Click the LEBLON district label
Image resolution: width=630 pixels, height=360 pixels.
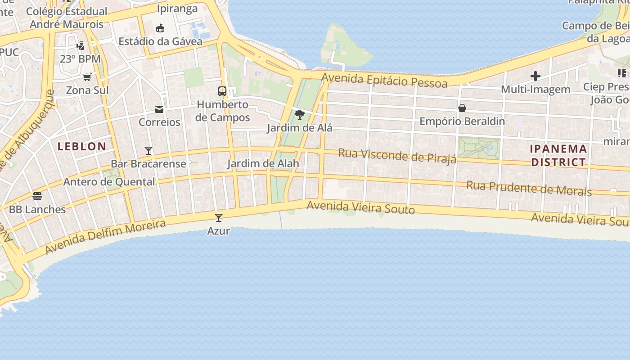(x=82, y=146)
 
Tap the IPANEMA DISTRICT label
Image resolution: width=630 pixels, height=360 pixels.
(x=558, y=155)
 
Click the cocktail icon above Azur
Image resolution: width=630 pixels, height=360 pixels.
(x=219, y=218)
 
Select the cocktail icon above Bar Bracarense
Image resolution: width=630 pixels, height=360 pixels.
(x=148, y=150)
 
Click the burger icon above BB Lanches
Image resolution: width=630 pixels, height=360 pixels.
(x=37, y=196)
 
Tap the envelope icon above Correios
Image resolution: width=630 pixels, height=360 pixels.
(x=159, y=109)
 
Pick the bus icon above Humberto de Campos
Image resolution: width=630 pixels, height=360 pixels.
(x=222, y=91)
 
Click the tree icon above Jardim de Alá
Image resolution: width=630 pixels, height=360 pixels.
(x=299, y=115)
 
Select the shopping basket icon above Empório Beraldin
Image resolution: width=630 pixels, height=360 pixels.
(x=462, y=108)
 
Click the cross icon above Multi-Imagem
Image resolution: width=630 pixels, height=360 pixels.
(x=535, y=76)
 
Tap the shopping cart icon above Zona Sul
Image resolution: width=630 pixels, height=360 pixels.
(x=87, y=77)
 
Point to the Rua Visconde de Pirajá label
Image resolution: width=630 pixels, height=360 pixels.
(x=397, y=156)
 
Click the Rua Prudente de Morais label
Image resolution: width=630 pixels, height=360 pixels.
(x=529, y=188)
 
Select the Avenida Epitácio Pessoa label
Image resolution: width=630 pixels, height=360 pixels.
(x=384, y=81)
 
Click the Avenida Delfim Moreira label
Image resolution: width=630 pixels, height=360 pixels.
(x=105, y=237)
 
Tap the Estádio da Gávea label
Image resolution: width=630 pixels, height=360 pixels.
(x=160, y=41)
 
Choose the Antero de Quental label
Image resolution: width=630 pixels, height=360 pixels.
(x=109, y=182)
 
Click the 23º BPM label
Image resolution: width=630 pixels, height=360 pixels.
(x=80, y=59)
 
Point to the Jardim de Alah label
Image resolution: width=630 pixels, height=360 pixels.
(x=263, y=163)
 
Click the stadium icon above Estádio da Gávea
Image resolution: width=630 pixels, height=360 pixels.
(x=160, y=28)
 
